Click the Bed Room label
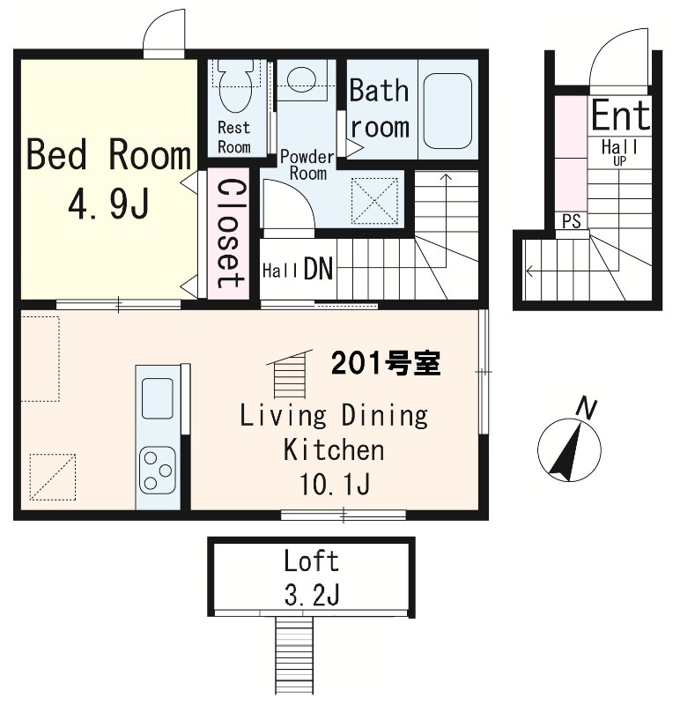pyautogui.click(x=108, y=156)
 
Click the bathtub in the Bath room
pyautogui.click(x=448, y=110)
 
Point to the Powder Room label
pyautogui.click(x=307, y=165)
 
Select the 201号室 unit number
pyautogui.click(x=385, y=362)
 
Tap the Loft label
pyautogui.click(x=311, y=560)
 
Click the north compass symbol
pyautogui.click(x=569, y=449)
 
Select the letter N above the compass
pyautogui.click(x=586, y=407)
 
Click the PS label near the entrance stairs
pyautogui.click(x=572, y=221)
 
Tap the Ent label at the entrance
pyautogui.click(x=620, y=115)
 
